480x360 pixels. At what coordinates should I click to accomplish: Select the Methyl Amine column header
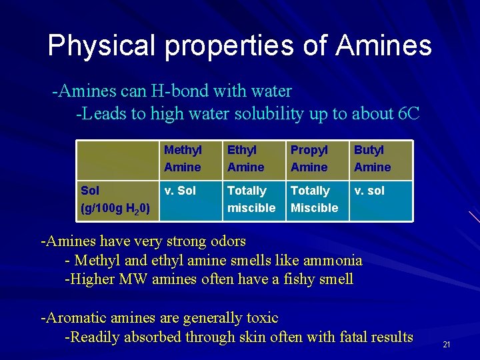click(183, 159)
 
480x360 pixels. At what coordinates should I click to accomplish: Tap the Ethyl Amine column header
click(245, 159)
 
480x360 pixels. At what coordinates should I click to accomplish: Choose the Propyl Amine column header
click(309, 159)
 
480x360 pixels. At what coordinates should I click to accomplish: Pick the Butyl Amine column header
click(372, 159)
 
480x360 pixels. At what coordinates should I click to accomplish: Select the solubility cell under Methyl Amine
click(180, 191)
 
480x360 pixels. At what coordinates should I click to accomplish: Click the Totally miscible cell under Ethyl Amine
click(251, 199)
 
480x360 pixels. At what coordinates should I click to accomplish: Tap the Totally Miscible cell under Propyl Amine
click(314, 199)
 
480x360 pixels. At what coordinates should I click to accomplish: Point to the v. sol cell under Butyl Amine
click(369, 191)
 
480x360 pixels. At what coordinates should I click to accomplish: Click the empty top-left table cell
click(117, 159)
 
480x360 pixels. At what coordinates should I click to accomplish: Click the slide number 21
click(447, 345)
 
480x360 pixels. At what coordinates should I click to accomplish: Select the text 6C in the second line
click(408, 114)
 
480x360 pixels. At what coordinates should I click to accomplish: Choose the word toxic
click(261, 318)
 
